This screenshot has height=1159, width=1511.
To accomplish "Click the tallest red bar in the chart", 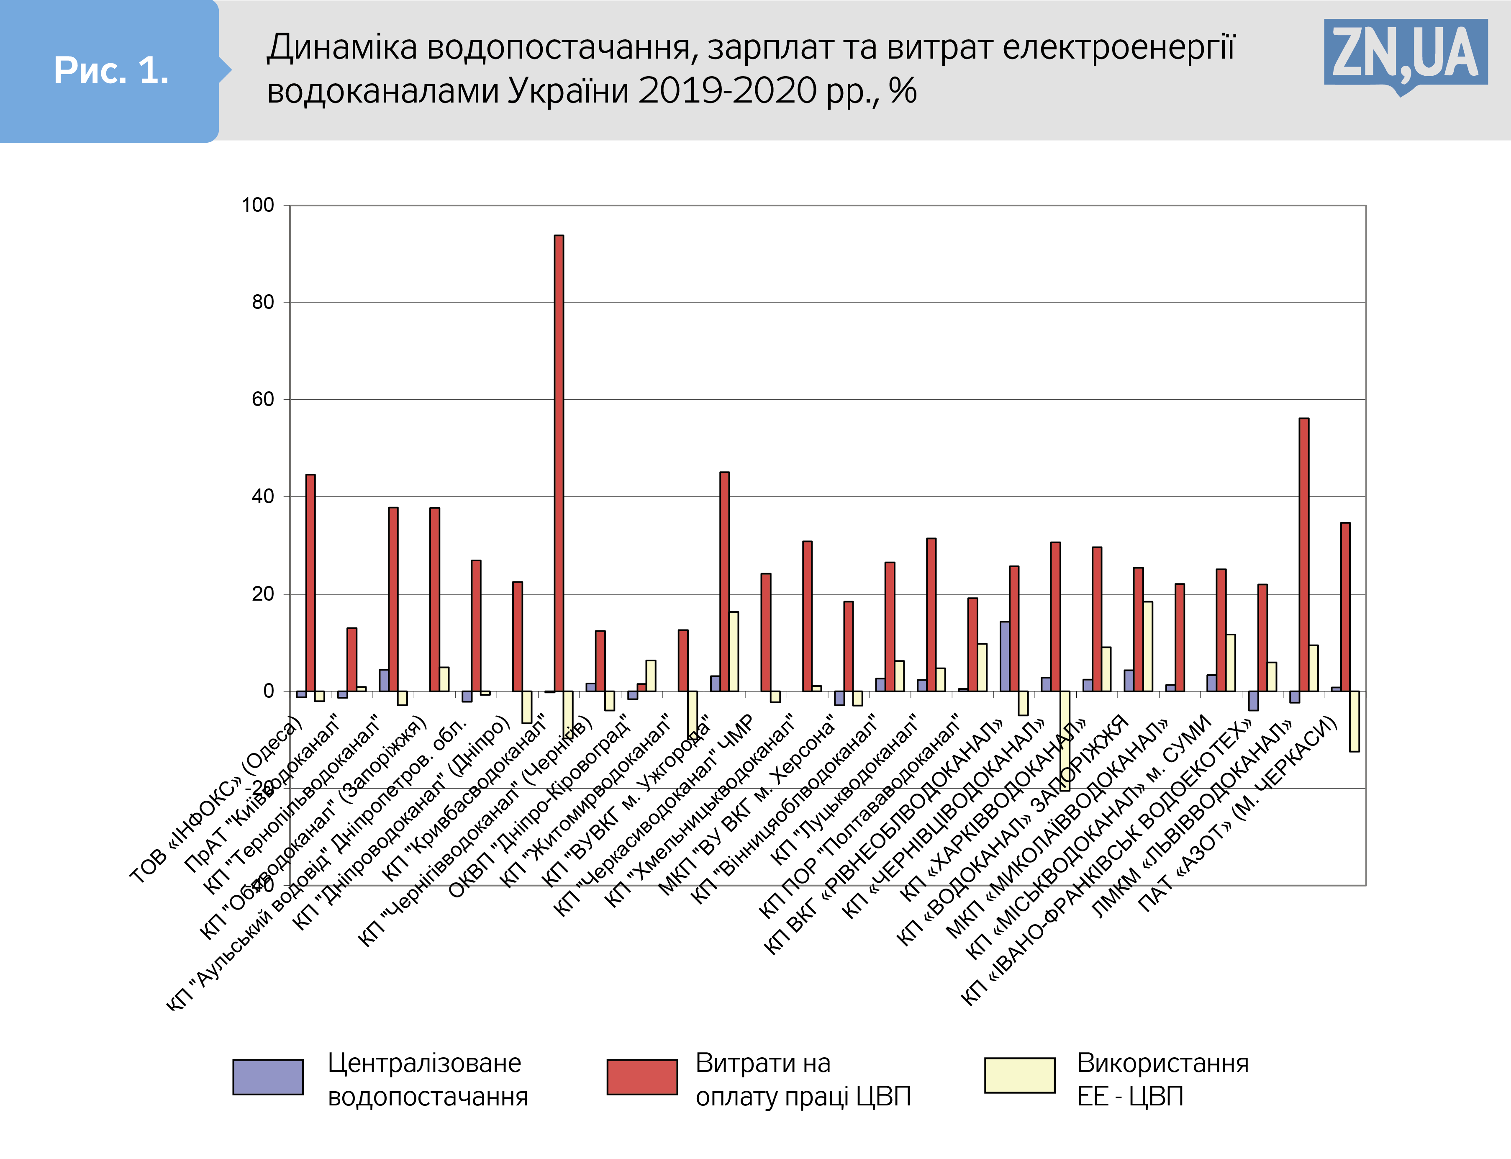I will pos(559,462).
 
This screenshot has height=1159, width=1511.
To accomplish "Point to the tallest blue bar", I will pos(1005,656).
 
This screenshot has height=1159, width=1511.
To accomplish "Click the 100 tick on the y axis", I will pos(258,205).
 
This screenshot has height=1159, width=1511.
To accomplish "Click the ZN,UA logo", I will pos(1406,54).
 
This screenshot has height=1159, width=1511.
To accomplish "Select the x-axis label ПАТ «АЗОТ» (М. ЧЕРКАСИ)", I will pos(1234,817).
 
